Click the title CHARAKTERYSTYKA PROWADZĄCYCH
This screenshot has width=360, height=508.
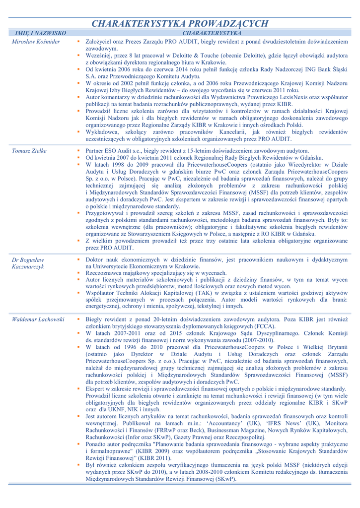point(180,23)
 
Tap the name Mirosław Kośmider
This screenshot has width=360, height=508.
point(36,42)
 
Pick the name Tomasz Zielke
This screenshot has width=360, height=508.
point(29,150)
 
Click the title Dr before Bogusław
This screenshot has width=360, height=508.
point(15,259)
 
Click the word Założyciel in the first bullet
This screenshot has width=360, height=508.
point(98,42)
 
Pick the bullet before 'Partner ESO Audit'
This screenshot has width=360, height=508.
point(78,150)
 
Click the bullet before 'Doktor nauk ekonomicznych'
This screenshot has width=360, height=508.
point(78,259)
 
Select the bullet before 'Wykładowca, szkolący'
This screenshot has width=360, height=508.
point(78,132)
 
